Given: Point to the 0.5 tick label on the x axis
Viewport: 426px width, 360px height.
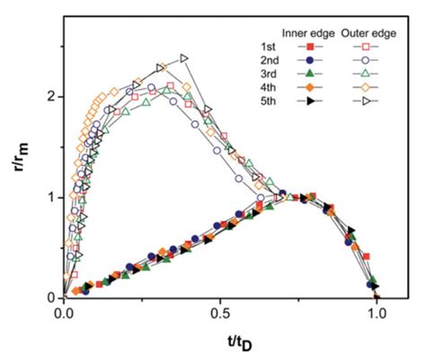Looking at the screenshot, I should [x=220, y=315].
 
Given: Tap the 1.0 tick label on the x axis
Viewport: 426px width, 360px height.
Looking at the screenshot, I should [x=377, y=315].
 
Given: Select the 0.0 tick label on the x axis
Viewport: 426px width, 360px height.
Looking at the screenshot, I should [x=64, y=315].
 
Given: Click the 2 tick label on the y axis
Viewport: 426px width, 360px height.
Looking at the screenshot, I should [x=51, y=96].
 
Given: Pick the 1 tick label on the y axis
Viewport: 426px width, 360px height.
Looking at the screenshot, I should [x=51, y=197].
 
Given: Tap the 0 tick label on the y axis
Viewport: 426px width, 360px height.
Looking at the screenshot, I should [x=51, y=297].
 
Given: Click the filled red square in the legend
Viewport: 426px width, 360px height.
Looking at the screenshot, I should [x=309, y=46].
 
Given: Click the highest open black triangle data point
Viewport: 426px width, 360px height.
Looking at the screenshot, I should [x=184, y=58].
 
